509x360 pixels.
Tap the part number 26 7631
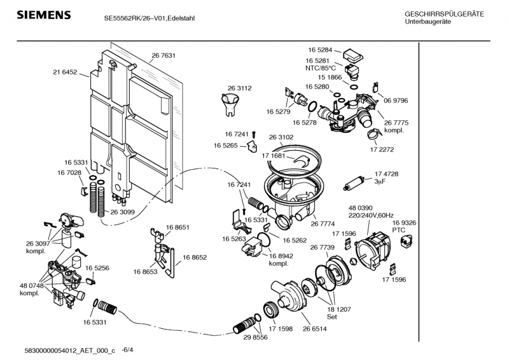tap(164, 56)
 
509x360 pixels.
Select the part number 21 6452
tap(65, 73)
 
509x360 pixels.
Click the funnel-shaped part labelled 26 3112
tap(229, 103)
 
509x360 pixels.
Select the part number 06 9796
tap(396, 100)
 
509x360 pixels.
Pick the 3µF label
tap(380, 181)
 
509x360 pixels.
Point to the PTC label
tap(399, 231)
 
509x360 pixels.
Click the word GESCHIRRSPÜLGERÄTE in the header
tap(444, 14)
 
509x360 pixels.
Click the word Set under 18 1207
tap(332, 316)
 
